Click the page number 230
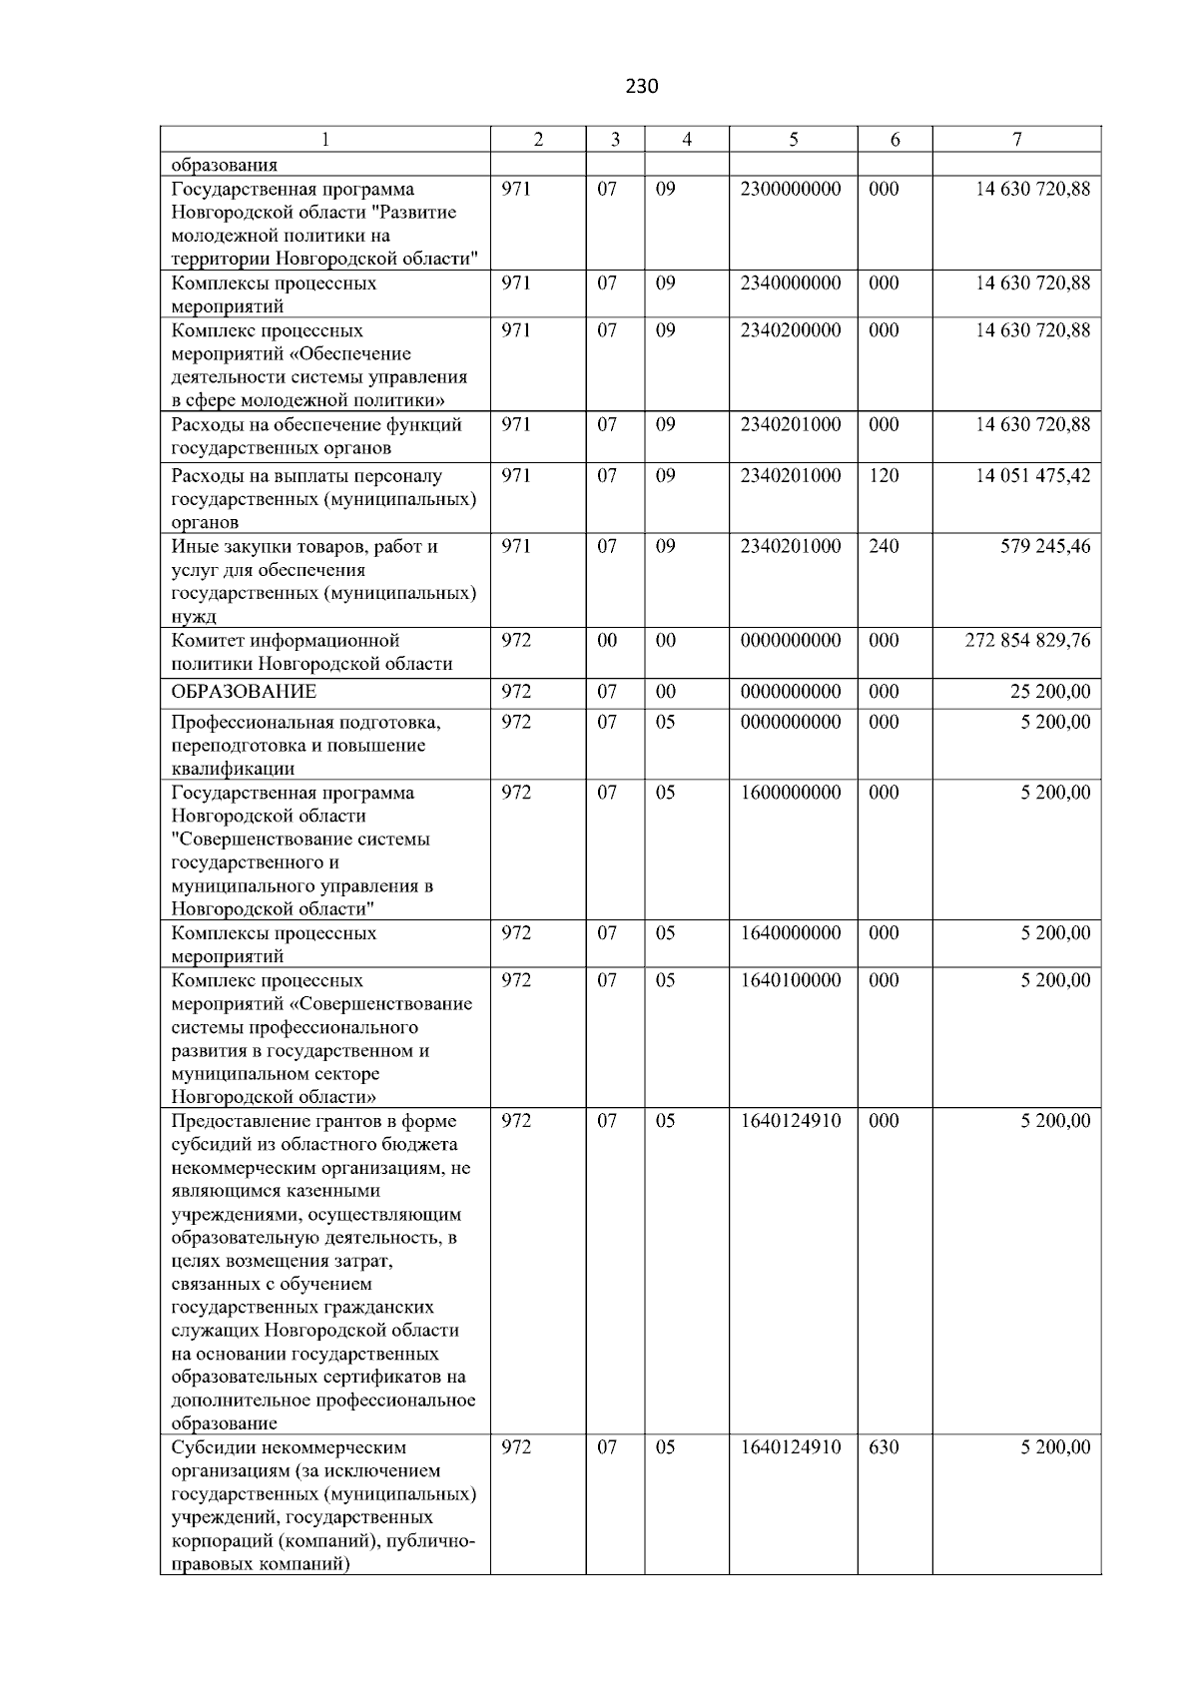[642, 87]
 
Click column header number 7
[1016, 140]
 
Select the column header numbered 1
[325, 140]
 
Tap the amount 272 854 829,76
[1027, 641]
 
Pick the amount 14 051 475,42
[1032, 476]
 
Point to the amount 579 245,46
[1045, 547]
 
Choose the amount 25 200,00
[1050, 692]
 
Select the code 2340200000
[791, 330]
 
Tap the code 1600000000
[791, 794]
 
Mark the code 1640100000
[791, 981]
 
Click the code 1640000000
[791, 934]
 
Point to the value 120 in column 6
[884, 476]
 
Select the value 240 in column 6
[884, 547]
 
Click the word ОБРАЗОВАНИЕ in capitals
[244, 692]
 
